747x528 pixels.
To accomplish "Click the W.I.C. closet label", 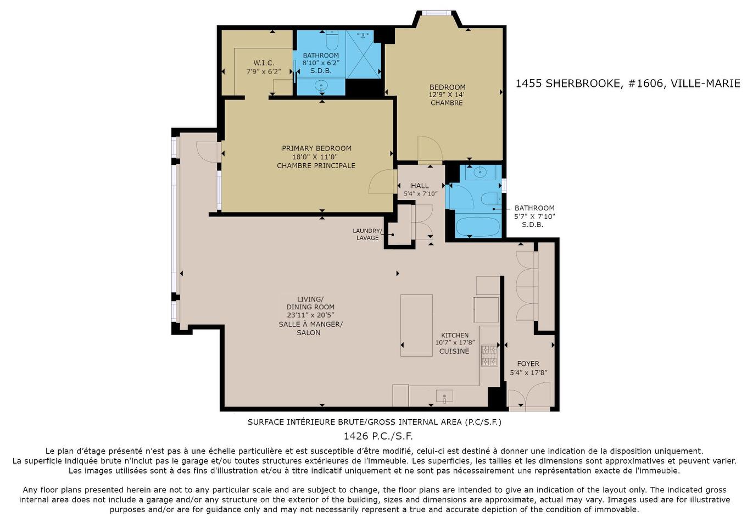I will pyautogui.click(x=264, y=63).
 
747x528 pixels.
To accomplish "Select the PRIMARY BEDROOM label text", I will pyautogui.click(x=316, y=148).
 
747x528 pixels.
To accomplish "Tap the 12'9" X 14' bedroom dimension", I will pyautogui.click(x=447, y=95).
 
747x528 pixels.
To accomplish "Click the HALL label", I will pyautogui.click(x=420, y=186).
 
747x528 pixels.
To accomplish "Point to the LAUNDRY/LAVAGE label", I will pyautogui.click(x=367, y=234).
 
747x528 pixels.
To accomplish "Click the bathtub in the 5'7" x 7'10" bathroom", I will pyautogui.click(x=477, y=226).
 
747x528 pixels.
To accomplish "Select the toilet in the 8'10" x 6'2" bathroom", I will pyautogui.click(x=332, y=40).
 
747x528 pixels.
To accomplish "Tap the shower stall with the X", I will pyautogui.click(x=363, y=54).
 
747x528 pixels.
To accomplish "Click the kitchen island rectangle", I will pyautogui.click(x=416, y=325).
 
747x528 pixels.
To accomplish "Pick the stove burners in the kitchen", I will pyautogui.click(x=489, y=355).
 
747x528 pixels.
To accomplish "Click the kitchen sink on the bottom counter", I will pyautogui.click(x=444, y=395).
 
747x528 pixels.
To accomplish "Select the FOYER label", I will pyautogui.click(x=528, y=364).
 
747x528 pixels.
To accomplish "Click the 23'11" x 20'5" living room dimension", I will pyautogui.click(x=310, y=315).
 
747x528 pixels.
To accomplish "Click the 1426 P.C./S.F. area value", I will pyautogui.click(x=378, y=436).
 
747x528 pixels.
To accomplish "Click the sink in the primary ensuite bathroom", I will pyautogui.click(x=321, y=85).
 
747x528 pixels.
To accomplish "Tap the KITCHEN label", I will pyautogui.click(x=455, y=335).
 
